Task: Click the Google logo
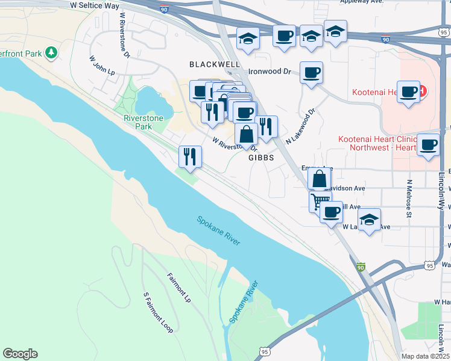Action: [20, 354]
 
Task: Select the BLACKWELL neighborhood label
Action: [215, 64]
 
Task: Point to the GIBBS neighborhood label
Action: [261, 158]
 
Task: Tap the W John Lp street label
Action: [102, 66]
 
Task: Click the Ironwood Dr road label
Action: [270, 72]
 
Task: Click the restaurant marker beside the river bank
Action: [190, 156]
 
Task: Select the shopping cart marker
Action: [320, 200]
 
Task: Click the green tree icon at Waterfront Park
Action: [52, 53]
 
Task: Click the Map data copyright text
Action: [425, 356]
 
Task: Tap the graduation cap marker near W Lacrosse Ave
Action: [369, 219]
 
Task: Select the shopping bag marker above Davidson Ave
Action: [319, 178]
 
